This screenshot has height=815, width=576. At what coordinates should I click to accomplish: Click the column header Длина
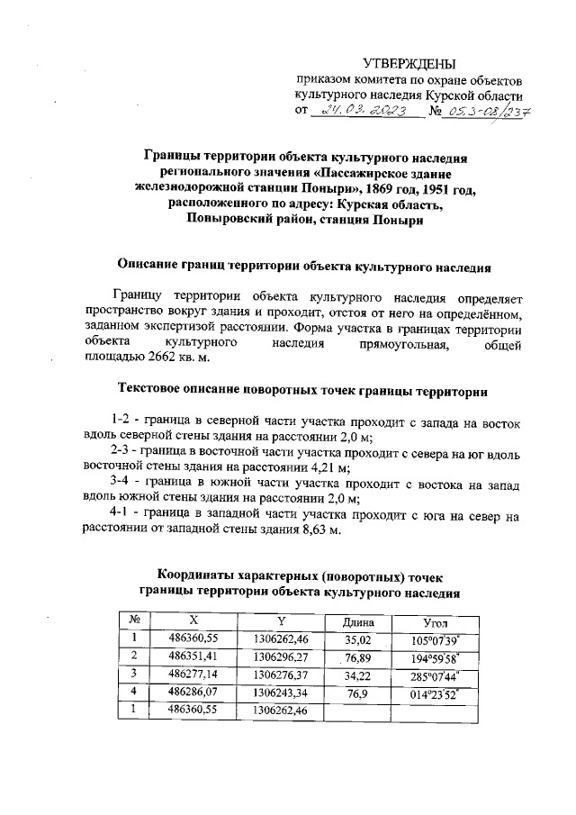[359, 622]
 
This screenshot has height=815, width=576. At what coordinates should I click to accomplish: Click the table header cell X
[193, 621]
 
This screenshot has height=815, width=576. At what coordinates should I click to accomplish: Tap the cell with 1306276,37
[282, 674]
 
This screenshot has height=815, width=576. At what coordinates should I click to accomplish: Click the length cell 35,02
[359, 639]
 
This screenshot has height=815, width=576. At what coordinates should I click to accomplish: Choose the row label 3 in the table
[133, 674]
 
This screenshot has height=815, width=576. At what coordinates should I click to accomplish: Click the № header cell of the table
[133, 621]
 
